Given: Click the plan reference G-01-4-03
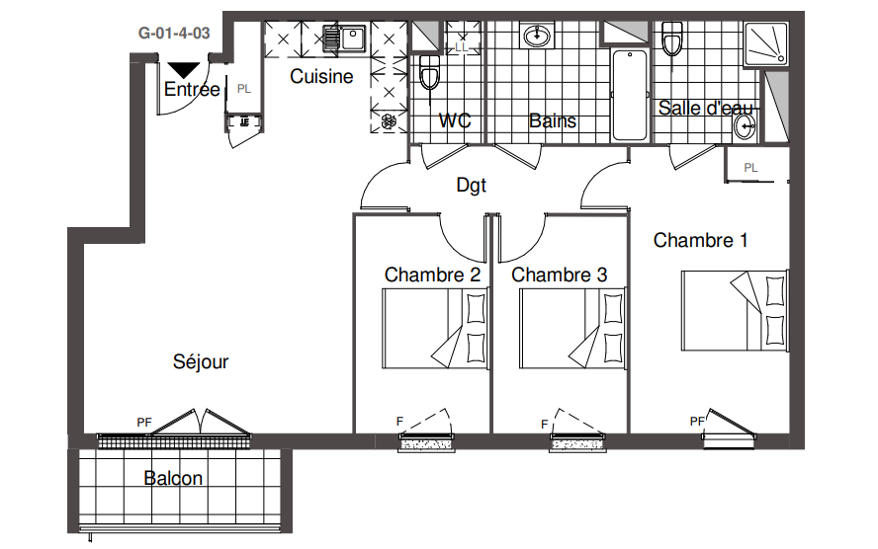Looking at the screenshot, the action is click(174, 33).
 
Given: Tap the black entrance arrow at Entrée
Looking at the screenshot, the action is click(184, 70).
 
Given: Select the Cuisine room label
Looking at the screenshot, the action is click(321, 76).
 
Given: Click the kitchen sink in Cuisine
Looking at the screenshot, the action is click(344, 39).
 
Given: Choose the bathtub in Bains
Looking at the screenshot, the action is click(630, 95).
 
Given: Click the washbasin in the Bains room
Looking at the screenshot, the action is click(538, 37).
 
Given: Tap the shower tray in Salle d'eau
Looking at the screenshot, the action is click(766, 44).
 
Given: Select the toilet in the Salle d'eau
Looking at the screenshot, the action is click(672, 39).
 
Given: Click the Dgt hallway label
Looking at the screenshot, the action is click(472, 185).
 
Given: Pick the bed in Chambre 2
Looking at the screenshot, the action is click(435, 328).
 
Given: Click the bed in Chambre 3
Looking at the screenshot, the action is click(572, 328).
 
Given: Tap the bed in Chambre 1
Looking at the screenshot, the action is click(735, 311).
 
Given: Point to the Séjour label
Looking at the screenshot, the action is click(201, 361).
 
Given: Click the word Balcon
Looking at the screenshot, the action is click(173, 478).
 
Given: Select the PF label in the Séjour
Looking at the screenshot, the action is click(144, 423).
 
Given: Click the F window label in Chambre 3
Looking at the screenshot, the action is click(544, 425).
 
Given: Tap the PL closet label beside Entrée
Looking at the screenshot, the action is click(243, 89).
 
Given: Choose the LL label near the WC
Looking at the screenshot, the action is click(462, 47).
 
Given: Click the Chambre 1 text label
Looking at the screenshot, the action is click(700, 240).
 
